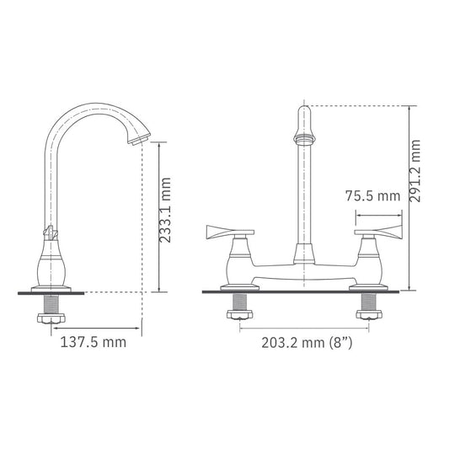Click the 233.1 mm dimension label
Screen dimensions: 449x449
point(164,211)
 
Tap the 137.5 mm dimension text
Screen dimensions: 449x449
point(94,342)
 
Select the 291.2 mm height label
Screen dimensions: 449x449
point(414,171)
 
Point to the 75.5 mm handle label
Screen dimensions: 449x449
point(372,196)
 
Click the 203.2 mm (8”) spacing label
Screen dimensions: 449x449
point(307,343)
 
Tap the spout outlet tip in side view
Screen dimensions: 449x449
point(139,140)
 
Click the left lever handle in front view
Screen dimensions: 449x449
point(230,232)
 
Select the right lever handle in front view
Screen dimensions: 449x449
point(378,232)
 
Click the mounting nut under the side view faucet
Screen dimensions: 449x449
point(51,318)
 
